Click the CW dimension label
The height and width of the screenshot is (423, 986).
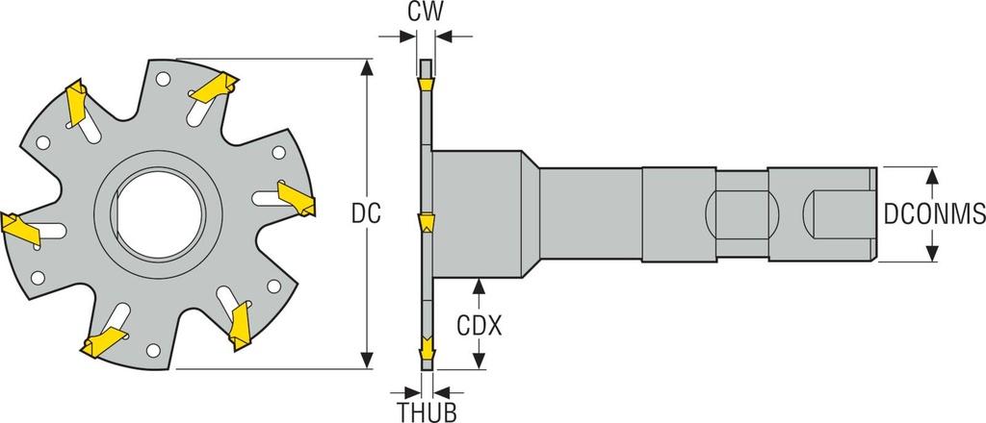coord(425,12)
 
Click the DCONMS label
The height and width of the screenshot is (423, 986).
coord(931,213)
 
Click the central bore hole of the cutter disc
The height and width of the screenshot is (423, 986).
coord(159,213)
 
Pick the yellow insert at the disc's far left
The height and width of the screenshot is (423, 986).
coord(18,228)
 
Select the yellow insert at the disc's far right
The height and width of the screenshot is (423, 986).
coord(296,197)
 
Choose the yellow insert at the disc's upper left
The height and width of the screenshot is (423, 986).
coord(76,103)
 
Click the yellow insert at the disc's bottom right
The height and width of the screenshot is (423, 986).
coord(239,327)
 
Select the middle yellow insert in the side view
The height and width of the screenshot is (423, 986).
coord(426,224)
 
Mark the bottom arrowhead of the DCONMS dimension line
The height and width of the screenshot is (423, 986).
coord(931,253)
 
